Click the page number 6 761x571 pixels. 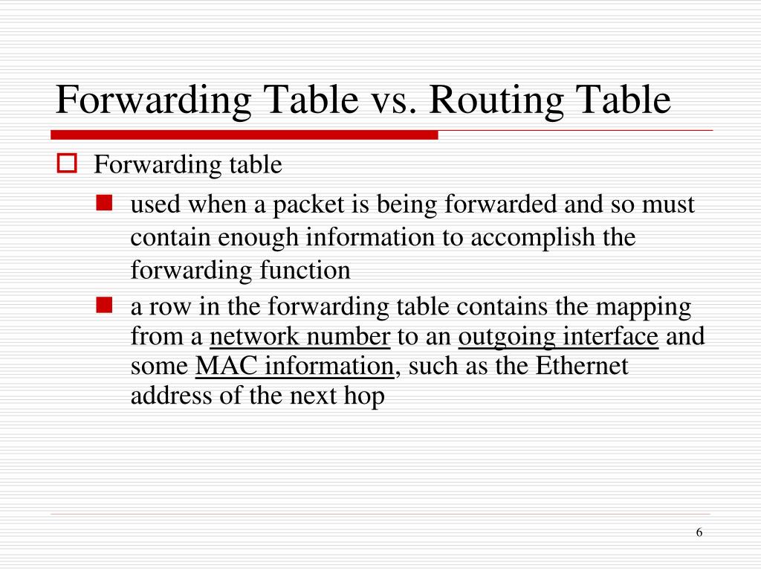(x=699, y=532)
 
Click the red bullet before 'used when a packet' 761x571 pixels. (x=104, y=203)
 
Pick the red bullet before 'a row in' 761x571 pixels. (x=104, y=304)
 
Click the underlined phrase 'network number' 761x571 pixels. (x=299, y=338)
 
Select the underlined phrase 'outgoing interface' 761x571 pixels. (x=558, y=338)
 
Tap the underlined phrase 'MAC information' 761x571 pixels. (x=294, y=367)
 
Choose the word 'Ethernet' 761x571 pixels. (x=582, y=367)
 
